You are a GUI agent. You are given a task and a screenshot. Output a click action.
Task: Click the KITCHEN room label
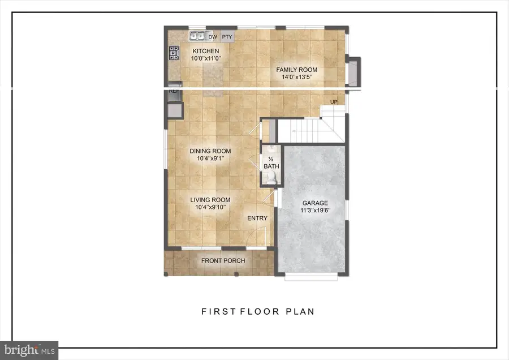click(204, 51)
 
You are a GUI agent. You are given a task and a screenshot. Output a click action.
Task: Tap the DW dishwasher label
click(213, 37)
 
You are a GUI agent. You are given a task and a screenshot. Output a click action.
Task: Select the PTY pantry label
click(227, 37)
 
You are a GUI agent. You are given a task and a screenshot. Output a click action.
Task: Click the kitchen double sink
click(197, 36)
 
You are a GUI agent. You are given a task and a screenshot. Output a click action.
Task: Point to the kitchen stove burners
click(172, 54)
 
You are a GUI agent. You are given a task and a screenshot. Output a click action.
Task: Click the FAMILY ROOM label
click(296, 70)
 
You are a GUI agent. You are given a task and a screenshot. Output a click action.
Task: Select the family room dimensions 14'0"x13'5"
click(296, 78)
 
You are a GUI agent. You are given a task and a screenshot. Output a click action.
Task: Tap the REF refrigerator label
click(174, 91)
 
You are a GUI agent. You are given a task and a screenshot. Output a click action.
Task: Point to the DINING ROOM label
click(210, 151)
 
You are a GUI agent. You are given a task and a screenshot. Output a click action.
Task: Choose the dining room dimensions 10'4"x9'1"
click(210, 158)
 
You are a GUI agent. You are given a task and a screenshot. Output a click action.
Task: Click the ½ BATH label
click(271, 162)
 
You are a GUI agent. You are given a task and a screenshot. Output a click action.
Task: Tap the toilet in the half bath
click(271, 178)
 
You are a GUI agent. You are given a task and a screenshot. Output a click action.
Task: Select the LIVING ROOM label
click(210, 199)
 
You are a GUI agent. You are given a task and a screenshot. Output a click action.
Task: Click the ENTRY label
click(257, 218)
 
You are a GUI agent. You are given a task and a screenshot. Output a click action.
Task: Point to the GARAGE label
click(315, 203)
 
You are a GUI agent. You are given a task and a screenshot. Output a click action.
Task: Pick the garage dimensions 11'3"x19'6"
click(315, 211)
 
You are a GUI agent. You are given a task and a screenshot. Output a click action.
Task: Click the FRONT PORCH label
click(223, 260)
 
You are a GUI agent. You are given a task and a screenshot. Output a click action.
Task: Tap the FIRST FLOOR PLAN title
click(258, 311)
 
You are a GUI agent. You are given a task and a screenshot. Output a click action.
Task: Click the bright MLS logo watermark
click(29, 350)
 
